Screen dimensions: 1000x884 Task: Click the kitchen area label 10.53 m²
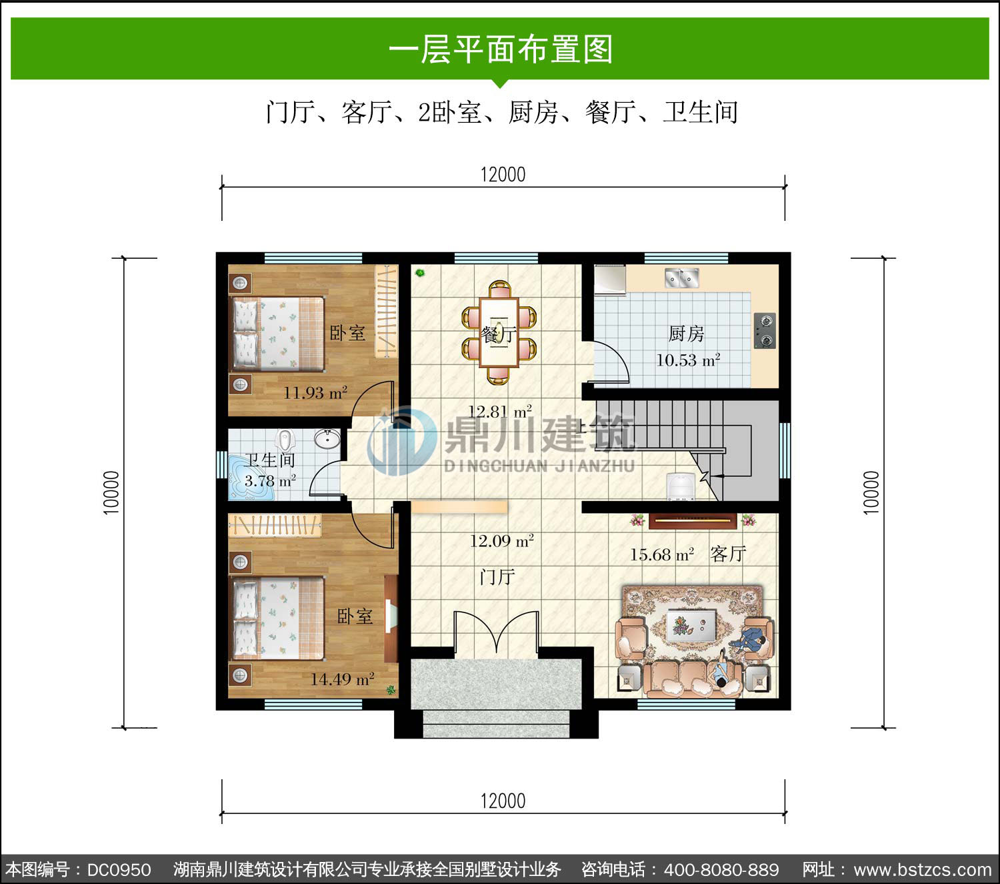tap(687, 360)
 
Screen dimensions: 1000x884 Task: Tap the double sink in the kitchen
tap(681, 278)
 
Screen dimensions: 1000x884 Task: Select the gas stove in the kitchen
tap(765, 330)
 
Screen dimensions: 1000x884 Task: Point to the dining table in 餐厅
tap(499, 332)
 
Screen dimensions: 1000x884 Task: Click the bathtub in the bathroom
tap(250, 477)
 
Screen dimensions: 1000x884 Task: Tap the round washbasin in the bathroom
tap(327, 439)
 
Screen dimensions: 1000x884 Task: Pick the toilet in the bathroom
tap(285, 439)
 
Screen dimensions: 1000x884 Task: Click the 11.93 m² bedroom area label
tap(315, 393)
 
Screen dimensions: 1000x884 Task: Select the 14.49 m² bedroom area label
tap(342, 679)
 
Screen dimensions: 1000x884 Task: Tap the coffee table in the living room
tap(691, 626)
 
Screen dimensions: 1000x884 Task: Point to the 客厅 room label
tap(728, 554)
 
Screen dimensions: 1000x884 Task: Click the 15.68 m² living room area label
tap(662, 554)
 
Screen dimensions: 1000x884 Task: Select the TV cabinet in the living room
tap(693, 520)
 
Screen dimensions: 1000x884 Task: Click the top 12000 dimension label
tap(503, 175)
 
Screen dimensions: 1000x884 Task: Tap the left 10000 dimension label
tap(111, 492)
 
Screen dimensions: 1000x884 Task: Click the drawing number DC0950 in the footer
tap(119, 869)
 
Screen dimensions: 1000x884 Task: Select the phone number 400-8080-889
tap(721, 869)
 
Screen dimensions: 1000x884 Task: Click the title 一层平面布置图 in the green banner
tap(501, 49)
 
